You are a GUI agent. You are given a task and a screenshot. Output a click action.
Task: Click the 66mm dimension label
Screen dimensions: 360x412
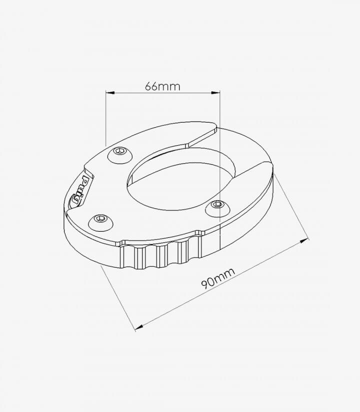162,87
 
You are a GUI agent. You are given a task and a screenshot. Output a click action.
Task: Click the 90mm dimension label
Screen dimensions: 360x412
218,278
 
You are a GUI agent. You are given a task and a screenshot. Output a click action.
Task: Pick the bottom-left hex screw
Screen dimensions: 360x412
101,222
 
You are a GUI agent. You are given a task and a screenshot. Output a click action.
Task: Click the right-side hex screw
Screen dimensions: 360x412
218,208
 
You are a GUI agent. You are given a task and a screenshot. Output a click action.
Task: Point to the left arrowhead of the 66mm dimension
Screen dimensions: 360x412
110,93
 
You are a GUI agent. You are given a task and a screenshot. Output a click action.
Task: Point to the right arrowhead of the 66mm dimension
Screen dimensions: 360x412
215,93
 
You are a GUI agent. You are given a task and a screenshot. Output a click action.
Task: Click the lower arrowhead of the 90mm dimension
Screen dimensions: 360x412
138,327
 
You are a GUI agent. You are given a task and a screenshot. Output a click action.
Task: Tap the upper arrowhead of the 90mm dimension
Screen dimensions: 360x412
304,241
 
